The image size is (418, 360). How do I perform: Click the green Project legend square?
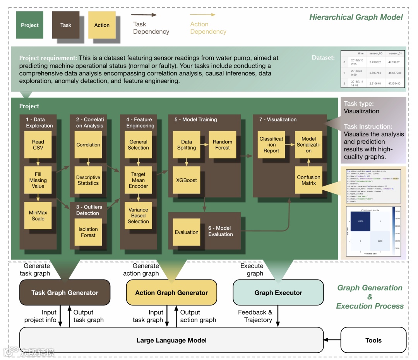click(30, 25)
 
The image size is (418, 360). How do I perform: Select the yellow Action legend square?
click(102, 25)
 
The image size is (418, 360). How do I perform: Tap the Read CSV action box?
click(38, 145)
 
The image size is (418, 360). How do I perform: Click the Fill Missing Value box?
click(38, 180)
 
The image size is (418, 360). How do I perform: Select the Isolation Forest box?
click(88, 232)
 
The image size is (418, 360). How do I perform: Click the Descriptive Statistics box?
click(88, 180)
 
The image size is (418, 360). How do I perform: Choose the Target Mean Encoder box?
click(138, 180)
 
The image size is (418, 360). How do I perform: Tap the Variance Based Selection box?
click(138, 216)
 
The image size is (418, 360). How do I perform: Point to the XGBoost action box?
click(187, 180)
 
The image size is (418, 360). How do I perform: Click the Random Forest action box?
click(222, 145)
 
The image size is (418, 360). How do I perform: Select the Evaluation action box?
click(187, 232)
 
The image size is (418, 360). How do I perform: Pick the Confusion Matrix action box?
click(308, 180)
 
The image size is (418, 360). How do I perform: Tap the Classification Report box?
click(271, 145)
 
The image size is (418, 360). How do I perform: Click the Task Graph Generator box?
click(65, 293)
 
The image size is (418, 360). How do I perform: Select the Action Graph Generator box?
click(171, 293)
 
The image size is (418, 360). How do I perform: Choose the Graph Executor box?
click(278, 293)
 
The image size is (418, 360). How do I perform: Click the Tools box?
click(373, 340)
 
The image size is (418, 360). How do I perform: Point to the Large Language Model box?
click(171, 340)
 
